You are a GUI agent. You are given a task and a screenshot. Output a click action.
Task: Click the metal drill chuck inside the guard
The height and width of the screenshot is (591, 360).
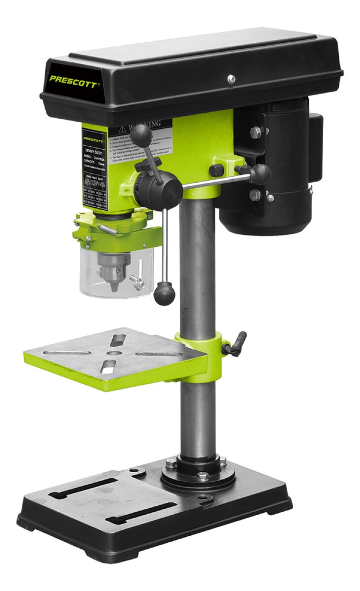pyautogui.click(x=114, y=268)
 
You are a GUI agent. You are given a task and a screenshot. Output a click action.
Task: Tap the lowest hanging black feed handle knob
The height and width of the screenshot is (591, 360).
pyautogui.click(x=164, y=294)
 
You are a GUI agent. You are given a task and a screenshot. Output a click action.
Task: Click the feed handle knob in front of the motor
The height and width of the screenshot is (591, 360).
pyautogui.click(x=261, y=173)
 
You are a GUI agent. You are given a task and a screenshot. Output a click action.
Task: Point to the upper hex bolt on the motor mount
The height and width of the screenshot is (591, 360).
pyautogui.click(x=255, y=132)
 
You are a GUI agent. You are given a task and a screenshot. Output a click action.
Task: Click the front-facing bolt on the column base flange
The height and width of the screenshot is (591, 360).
pyautogui.click(x=202, y=476)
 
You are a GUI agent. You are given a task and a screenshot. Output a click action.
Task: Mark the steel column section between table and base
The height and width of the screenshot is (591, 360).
pyautogui.click(x=197, y=419)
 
